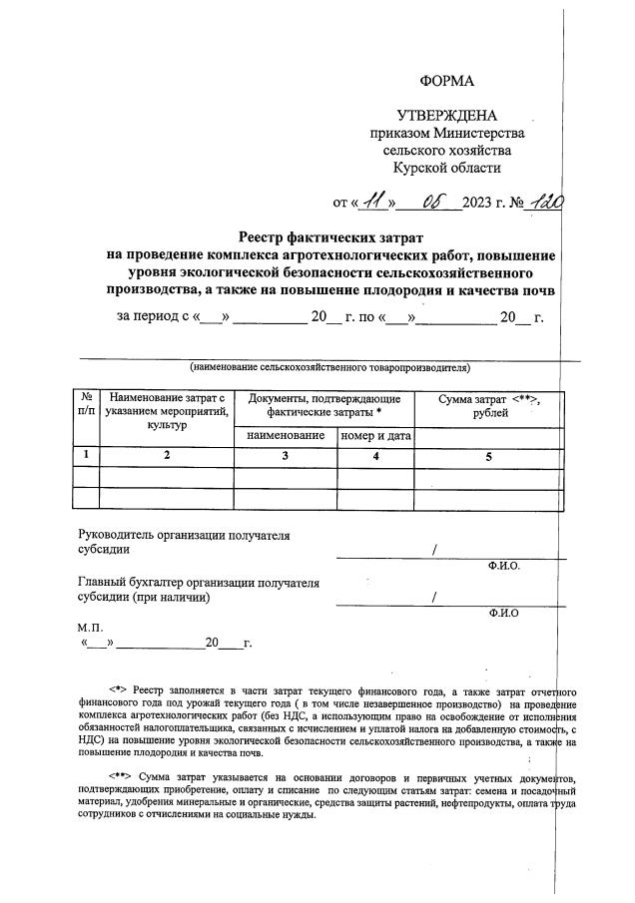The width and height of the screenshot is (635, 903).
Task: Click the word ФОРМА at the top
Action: tap(446, 81)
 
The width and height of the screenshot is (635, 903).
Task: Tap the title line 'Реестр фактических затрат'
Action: tap(330, 236)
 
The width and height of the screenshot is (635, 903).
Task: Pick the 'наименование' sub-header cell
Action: tap(286, 436)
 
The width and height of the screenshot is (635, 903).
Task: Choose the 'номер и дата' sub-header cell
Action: tap(376, 436)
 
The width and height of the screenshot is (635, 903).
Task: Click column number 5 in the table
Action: tap(489, 456)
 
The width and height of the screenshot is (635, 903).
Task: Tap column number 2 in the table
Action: tap(167, 456)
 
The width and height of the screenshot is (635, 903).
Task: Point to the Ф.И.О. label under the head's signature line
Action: tap(504, 566)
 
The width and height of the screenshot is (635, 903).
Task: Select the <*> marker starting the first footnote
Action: tap(120, 689)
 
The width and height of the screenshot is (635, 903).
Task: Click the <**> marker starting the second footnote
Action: tap(122, 775)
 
